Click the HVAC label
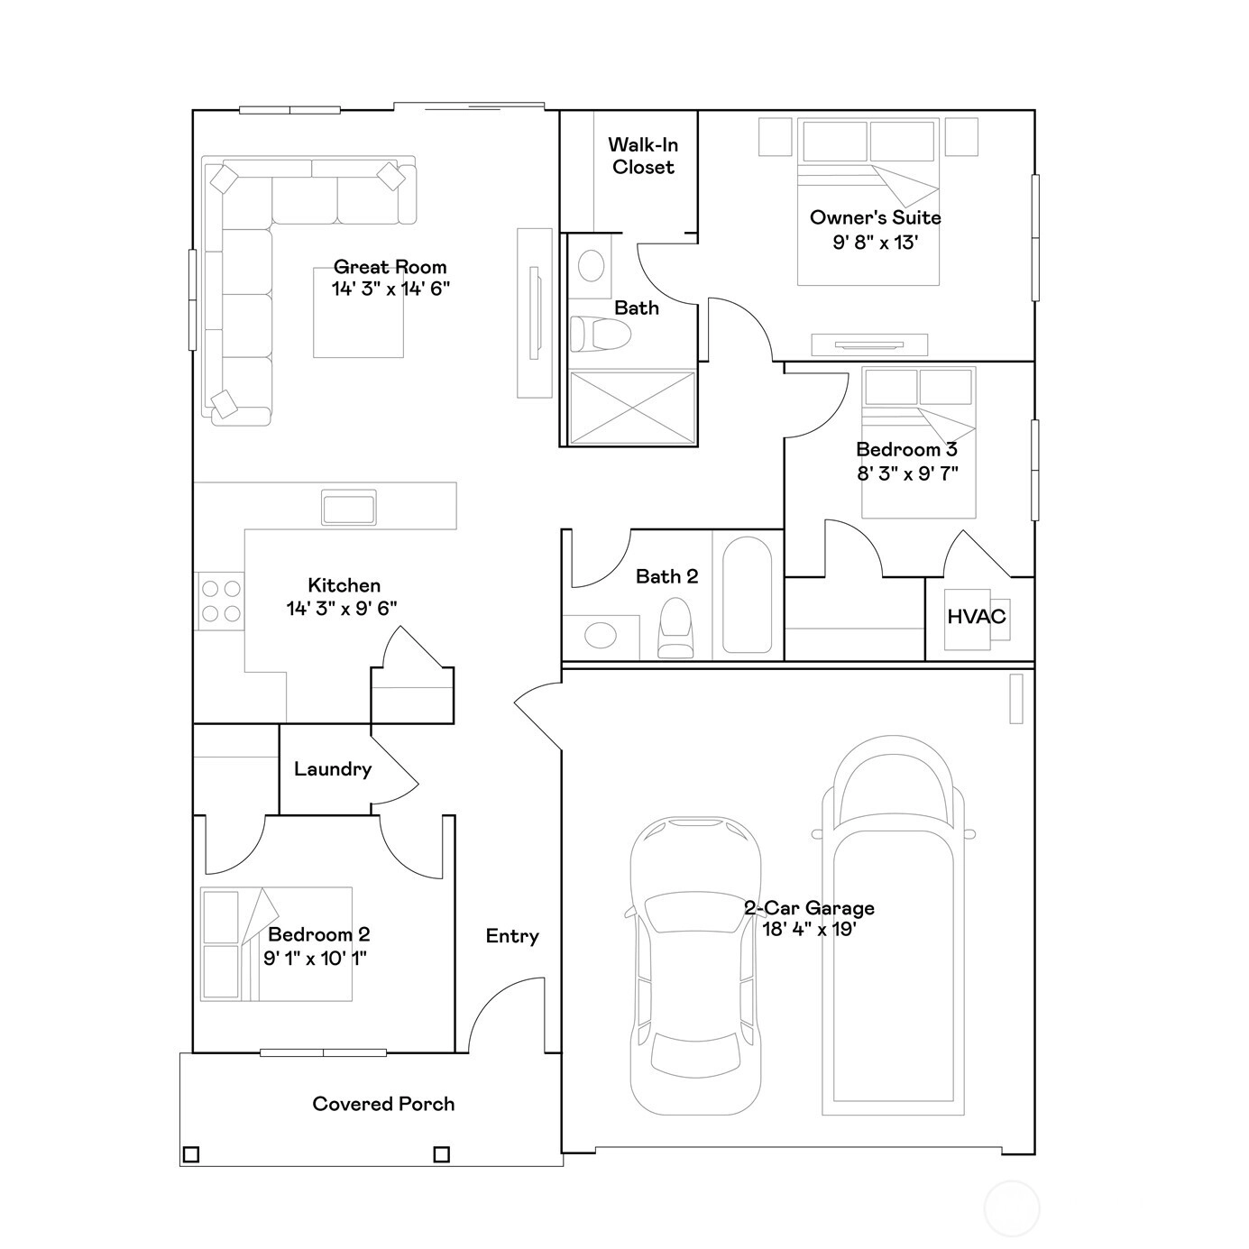tap(976, 617)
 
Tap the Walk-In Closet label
tap(643, 155)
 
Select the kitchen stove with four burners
tap(220, 601)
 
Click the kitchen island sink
tap(349, 507)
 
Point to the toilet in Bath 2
tap(675, 628)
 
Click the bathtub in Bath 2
tap(748, 594)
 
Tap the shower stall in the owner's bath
tap(632, 408)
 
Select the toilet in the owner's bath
tap(601, 334)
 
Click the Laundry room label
tap(333, 769)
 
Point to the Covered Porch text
tap(383, 1104)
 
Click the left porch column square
tap(190, 1154)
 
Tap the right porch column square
tap(441, 1154)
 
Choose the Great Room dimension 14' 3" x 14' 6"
tap(390, 289)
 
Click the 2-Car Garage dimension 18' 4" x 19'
tap(810, 930)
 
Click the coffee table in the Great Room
tap(358, 312)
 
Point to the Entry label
tap(512, 936)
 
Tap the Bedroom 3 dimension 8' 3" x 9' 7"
tap(907, 473)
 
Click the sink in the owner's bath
tap(591, 265)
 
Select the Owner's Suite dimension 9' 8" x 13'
tap(875, 243)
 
